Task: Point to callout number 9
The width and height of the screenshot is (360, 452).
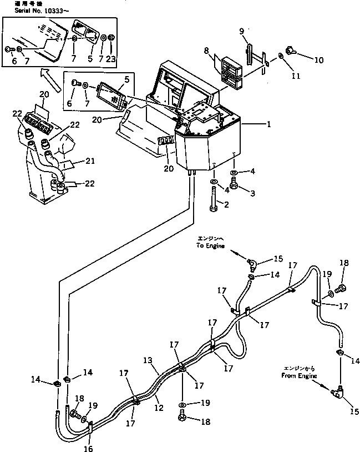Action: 241,32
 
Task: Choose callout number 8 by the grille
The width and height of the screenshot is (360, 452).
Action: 206,51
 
